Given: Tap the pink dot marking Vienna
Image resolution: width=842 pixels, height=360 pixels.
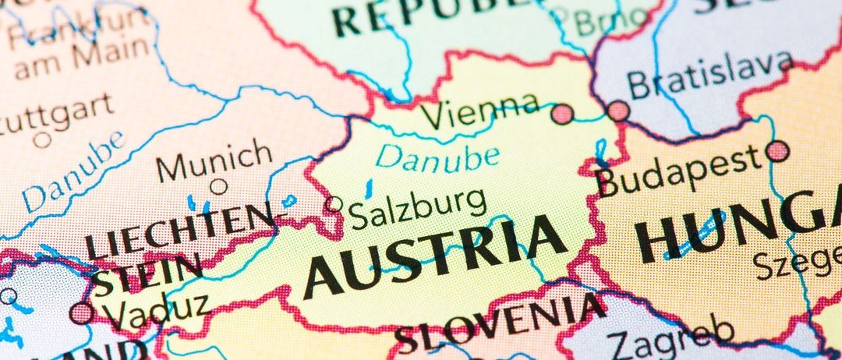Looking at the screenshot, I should pos(562,115).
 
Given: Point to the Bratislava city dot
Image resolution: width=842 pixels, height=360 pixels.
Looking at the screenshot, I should pos(619,111).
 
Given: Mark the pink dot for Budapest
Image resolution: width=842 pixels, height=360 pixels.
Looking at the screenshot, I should pos(777,150).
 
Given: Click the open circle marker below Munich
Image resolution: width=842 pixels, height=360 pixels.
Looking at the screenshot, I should pos(219,186).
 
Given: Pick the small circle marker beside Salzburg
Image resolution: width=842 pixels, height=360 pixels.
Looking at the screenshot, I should pos(334,204).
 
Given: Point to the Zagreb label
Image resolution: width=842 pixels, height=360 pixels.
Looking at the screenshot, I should pos(670,337).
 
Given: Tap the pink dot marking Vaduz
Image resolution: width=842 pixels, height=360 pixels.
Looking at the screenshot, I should pos(81,313).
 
